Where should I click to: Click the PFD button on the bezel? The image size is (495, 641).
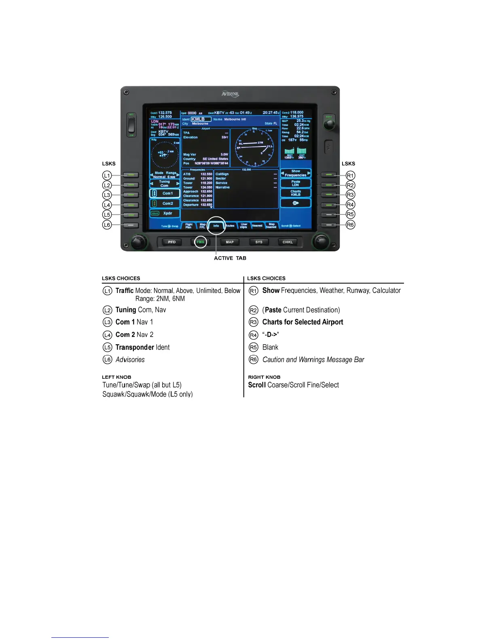172,242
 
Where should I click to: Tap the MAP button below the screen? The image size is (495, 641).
230,242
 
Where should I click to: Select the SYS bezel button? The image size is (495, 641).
259,242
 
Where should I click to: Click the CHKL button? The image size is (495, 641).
288,242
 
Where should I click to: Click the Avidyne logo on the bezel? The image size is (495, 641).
230,94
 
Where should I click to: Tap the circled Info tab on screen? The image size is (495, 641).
216,226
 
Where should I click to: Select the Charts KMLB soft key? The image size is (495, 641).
296,193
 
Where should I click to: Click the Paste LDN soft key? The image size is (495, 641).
296,183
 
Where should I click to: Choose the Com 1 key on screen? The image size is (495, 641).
165,193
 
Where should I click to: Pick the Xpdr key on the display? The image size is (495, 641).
165,213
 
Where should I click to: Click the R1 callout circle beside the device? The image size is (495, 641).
350,176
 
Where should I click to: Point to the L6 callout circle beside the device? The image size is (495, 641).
107,225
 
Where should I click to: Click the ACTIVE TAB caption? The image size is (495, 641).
230,258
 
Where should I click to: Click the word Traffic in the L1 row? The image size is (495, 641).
124,291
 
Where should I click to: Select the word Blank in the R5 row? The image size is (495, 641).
270,347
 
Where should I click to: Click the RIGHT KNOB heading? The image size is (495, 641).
264,377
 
